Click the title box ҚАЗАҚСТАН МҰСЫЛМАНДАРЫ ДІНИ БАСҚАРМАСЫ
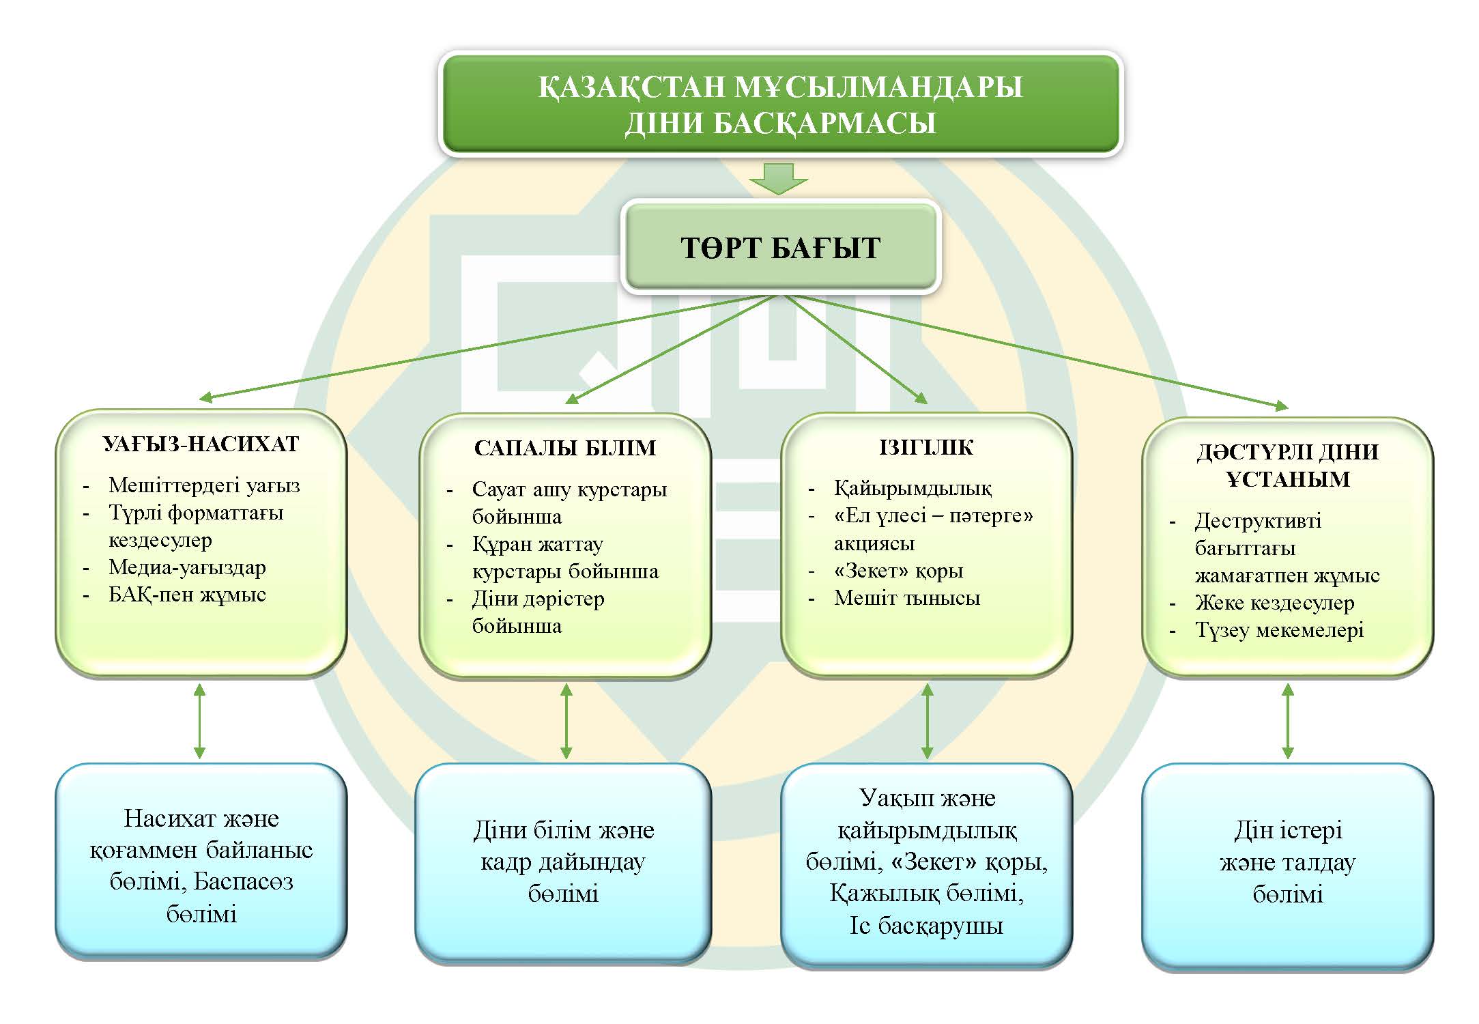point(780,104)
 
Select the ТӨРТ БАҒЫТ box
point(780,247)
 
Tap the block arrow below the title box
point(779,179)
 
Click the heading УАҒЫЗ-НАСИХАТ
point(201,444)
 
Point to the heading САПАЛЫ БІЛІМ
point(565,448)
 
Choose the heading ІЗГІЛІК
point(926,447)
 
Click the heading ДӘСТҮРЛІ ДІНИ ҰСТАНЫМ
point(1287,465)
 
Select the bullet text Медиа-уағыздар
point(187,567)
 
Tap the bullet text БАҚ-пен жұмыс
point(187,595)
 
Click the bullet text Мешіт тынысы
point(906,598)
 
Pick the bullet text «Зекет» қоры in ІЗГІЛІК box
point(898,571)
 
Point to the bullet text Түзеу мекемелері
point(1279,629)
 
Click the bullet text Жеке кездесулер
point(1274,602)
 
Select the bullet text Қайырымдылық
point(913,488)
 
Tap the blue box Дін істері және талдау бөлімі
point(1287,862)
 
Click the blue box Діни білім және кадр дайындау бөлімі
point(563,862)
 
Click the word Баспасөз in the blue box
point(243,881)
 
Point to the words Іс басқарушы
point(926,925)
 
